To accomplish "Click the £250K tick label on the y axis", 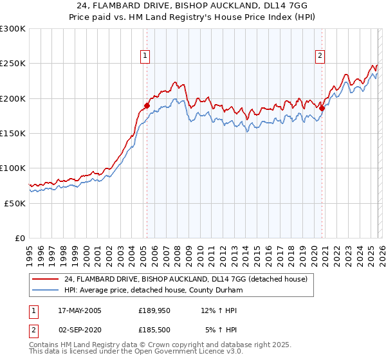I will tap(13, 64).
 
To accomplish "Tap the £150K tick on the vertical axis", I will tap(13, 133).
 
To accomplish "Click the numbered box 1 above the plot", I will tap(146, 56).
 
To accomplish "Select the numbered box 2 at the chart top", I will tap(320, 56).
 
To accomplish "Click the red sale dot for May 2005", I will tap(147, 105).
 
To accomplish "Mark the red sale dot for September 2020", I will tap(322, 109).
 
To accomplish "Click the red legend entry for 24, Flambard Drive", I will tap(187, 279).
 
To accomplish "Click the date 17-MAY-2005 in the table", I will tap(80, 310).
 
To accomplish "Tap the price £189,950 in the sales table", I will tap(153, 310).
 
